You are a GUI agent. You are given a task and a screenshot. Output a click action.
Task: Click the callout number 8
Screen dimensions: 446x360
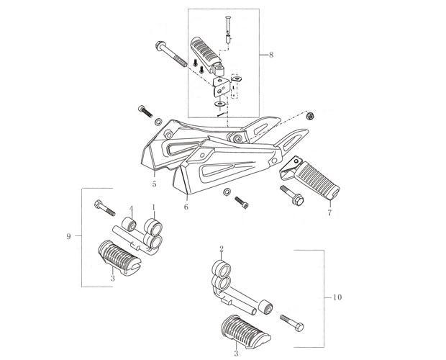point(270,54)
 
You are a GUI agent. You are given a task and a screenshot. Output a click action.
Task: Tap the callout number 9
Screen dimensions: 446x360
point(68,236)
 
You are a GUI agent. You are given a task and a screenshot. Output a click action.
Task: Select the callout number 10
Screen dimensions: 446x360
point(337,297)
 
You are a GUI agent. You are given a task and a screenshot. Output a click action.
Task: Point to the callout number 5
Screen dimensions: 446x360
point(154,184)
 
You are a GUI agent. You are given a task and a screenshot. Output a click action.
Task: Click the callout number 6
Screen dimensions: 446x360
point(186,207)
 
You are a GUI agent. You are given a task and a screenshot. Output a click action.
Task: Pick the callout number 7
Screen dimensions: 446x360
point(329,212)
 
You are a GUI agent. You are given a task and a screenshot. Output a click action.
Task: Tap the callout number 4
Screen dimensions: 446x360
point(132,210)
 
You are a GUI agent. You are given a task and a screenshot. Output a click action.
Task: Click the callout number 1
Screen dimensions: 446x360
point(154,207)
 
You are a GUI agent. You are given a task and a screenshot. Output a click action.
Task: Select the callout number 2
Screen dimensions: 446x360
point(222,249)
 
